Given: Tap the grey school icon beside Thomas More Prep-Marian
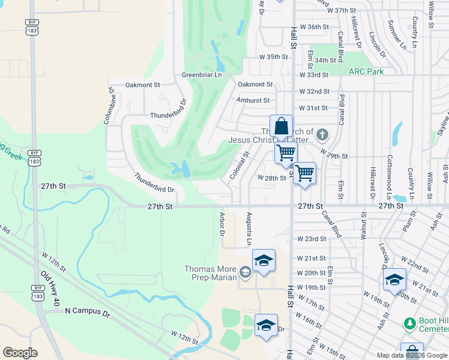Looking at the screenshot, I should (x=245, y=273).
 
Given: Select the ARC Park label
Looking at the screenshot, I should (x=366, y=71).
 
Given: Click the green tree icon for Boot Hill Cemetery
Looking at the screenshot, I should (x=410, y=323).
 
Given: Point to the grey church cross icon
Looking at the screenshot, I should (x=322, y=134).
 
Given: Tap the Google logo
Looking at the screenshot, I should (x=20, y=353).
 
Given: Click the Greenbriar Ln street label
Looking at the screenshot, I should (x=202, y=75).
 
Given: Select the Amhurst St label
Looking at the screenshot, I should (x=253, y=101).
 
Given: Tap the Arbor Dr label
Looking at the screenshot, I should (x=221, y=222).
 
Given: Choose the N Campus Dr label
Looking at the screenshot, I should (x=88, y=311).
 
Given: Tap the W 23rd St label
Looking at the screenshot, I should (x=312, y=239).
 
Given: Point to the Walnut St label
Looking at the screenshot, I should (x=363, y=225).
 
